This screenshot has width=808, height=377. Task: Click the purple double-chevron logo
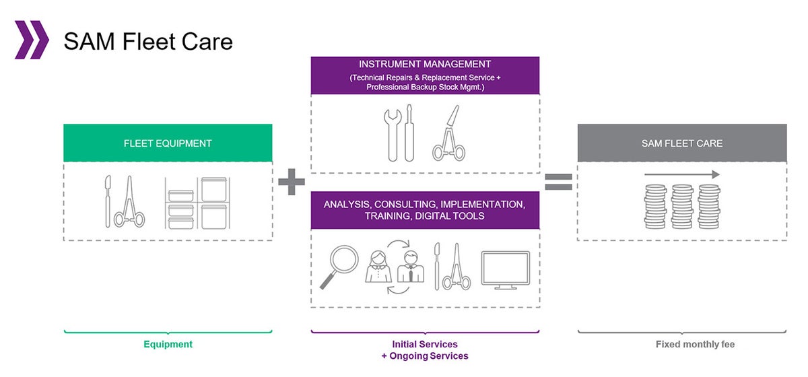(x=32, y=40)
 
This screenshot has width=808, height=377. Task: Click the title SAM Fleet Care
(x=148, y=41)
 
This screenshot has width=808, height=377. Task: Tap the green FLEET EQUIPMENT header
(x=168, y=143)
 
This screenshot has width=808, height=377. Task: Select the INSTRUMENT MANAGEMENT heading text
(x=425, y=64)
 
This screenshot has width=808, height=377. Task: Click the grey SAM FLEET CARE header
(x=682, y=143)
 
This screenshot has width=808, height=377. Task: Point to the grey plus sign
(x=292, y=182)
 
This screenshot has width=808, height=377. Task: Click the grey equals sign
(x=558, y=182)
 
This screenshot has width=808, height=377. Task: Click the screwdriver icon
(x=409, y=133)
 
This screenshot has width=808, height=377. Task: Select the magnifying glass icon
(x=339, y=266)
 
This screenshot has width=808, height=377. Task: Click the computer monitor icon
(x=506, y=270)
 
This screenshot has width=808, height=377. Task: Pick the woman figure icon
(x=378, y=267)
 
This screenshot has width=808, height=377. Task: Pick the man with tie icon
(x=411, y=267)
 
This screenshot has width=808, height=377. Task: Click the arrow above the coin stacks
(x=682, y=174)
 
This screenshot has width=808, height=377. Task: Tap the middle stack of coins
(x=682, y=207)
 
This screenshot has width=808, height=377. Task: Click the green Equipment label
(x=168, y=344)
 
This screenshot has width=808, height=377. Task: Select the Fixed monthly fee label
(x=695, y=344)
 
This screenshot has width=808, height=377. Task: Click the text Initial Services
(x=425, y=344)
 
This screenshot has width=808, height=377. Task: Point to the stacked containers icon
(x=197, y=203)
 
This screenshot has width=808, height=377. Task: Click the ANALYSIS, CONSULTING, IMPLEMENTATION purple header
(x=426, y=210)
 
